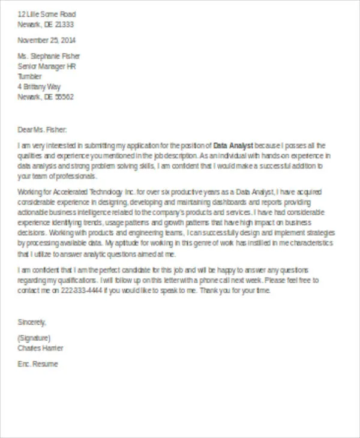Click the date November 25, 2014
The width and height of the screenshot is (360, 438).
(x=47, y=40)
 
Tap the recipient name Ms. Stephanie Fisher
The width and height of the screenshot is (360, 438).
(x=49, y=56)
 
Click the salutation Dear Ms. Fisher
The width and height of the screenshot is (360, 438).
(x=43, y=129)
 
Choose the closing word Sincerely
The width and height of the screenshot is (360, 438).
(x=32, y=322)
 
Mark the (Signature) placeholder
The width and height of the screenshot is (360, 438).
(x=34, y=338)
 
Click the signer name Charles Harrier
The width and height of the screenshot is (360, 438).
(x=41, y=348)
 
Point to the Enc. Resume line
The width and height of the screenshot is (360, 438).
(x=38, y=364)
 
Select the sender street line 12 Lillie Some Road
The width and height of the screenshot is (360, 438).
(x=47, y=14)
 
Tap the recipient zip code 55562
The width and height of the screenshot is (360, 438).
(x=63, y=97)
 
